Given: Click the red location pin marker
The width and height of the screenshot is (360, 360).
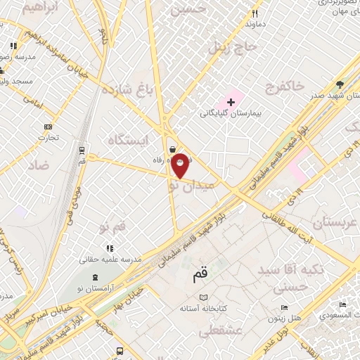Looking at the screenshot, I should tap(180, 165).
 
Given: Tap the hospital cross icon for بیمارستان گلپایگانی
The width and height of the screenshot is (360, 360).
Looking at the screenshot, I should tap(231, 102).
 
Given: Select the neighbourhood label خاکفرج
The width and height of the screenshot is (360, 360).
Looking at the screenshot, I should tap(285, 86).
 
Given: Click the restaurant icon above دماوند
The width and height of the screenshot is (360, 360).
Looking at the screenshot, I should tap(255, 13).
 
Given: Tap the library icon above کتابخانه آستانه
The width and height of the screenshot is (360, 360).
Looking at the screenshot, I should tap(205, 298).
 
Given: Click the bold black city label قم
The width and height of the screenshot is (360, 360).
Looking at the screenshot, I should tap(200, 274).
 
